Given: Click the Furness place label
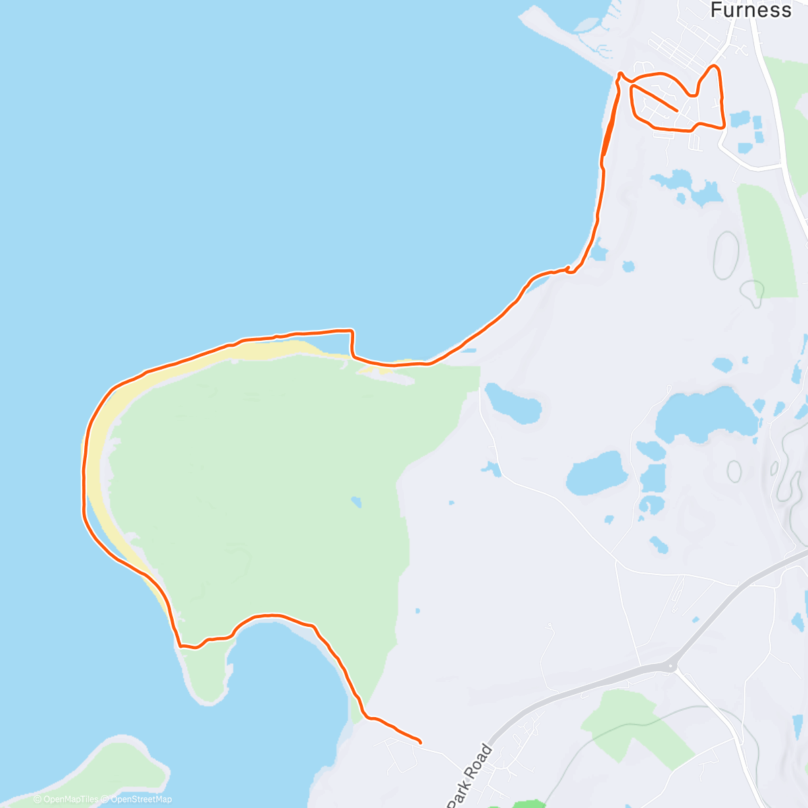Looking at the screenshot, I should click(751, 10).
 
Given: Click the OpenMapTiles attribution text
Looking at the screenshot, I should click(65, 799).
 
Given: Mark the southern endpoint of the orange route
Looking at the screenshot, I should click(420, 743).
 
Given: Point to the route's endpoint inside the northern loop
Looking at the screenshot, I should click(676, 110).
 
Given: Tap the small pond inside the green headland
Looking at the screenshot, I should click(356, 502).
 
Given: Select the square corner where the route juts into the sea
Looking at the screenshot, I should click(352, 331).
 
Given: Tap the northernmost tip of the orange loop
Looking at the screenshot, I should click(714, 67).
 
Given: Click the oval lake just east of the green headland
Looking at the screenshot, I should click(513, 403).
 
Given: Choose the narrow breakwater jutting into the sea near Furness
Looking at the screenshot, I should click(566, 40).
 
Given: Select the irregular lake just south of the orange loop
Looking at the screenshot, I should click(687, 184).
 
